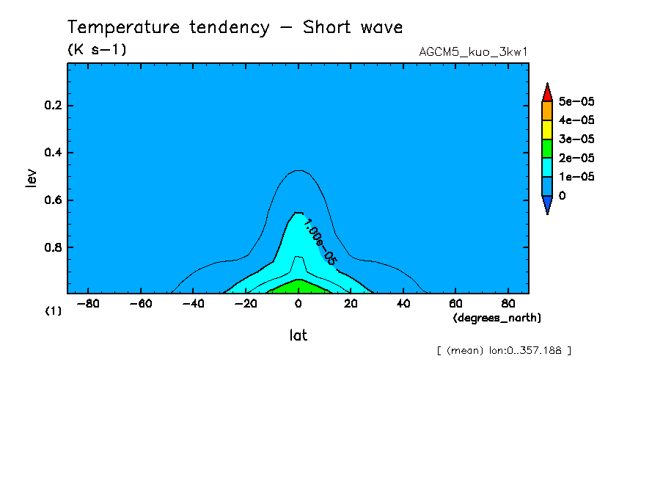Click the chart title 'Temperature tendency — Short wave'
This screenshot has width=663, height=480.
point(235,28)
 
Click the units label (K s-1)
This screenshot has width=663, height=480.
point(96,49)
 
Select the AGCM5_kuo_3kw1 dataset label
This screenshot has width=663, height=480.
point(473,52)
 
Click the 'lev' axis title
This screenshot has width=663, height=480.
point(30,177)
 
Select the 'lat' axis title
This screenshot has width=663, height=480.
point(298,335)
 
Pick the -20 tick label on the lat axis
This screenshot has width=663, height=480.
point(245,303)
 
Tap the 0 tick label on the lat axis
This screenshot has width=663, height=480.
point(298,303)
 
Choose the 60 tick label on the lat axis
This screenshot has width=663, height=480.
point(455,303)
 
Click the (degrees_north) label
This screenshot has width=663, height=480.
point(497,317)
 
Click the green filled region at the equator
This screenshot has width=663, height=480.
point(298,286)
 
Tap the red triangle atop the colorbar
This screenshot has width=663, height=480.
point(547,92)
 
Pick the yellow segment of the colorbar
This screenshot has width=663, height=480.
point(547,130)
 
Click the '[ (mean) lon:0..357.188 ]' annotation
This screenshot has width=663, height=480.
point(503,350)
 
